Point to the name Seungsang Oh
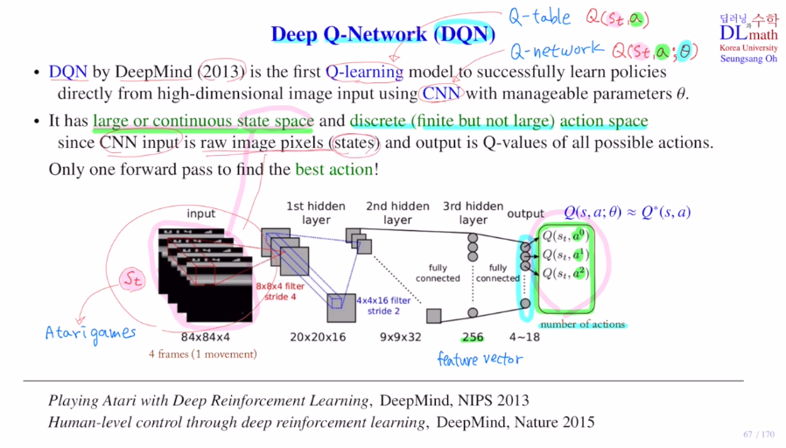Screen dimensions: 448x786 pyautogui.click(x=748, y=59)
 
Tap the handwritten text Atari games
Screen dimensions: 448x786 pyautogui.click(x=91, y=332)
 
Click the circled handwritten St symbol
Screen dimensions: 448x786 pyautogui.click(x=130, y=278)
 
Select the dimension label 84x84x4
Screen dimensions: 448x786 pyautogui.click(x=206, y=337)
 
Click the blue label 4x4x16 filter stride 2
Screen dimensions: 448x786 pyautogui.click(x=383, y=305)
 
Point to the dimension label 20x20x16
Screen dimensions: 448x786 pyautogui.click(x=318, y=337)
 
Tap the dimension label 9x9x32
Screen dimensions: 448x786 pyautogui.click(x=400, y=337)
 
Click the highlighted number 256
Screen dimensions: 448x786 pyautogui.click(x=473, y=337)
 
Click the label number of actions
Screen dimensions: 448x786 pyautogui.click(x=581, y=325)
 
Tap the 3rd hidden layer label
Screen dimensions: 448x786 pyautogui.click(x=474, y=213)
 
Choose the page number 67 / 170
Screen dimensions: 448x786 pyautogui.click(x=759, y=435)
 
